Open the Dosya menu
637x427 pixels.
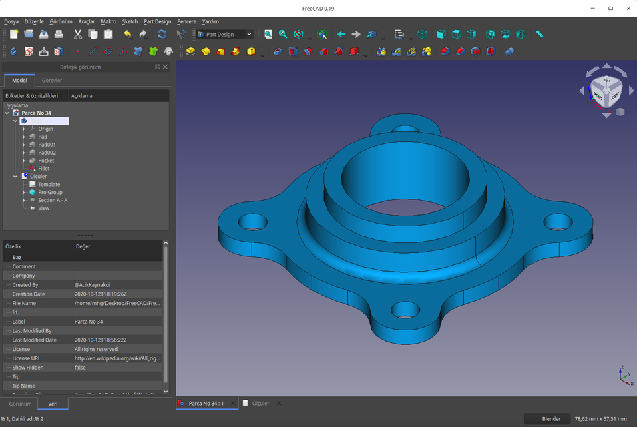coord(11,21)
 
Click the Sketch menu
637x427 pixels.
coord(130,21)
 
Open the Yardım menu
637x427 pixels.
coord(210,21)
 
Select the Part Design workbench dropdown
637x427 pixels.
coord(224,34)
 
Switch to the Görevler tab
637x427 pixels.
coord(52,80)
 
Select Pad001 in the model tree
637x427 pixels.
coord(47,145)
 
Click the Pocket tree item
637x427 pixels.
coord(46,161)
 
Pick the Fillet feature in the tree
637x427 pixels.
coord(43,169)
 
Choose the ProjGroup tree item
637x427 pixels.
coord(50,192)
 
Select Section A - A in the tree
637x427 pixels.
coord(53,200)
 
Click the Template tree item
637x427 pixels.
coord(49,185)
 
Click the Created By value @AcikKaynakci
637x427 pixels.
coord(92,285)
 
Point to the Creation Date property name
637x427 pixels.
coord(29,294)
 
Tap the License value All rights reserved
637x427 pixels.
coord(96,349)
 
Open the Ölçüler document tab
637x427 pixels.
coord(260,403)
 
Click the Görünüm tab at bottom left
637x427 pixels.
coord(20,404)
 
